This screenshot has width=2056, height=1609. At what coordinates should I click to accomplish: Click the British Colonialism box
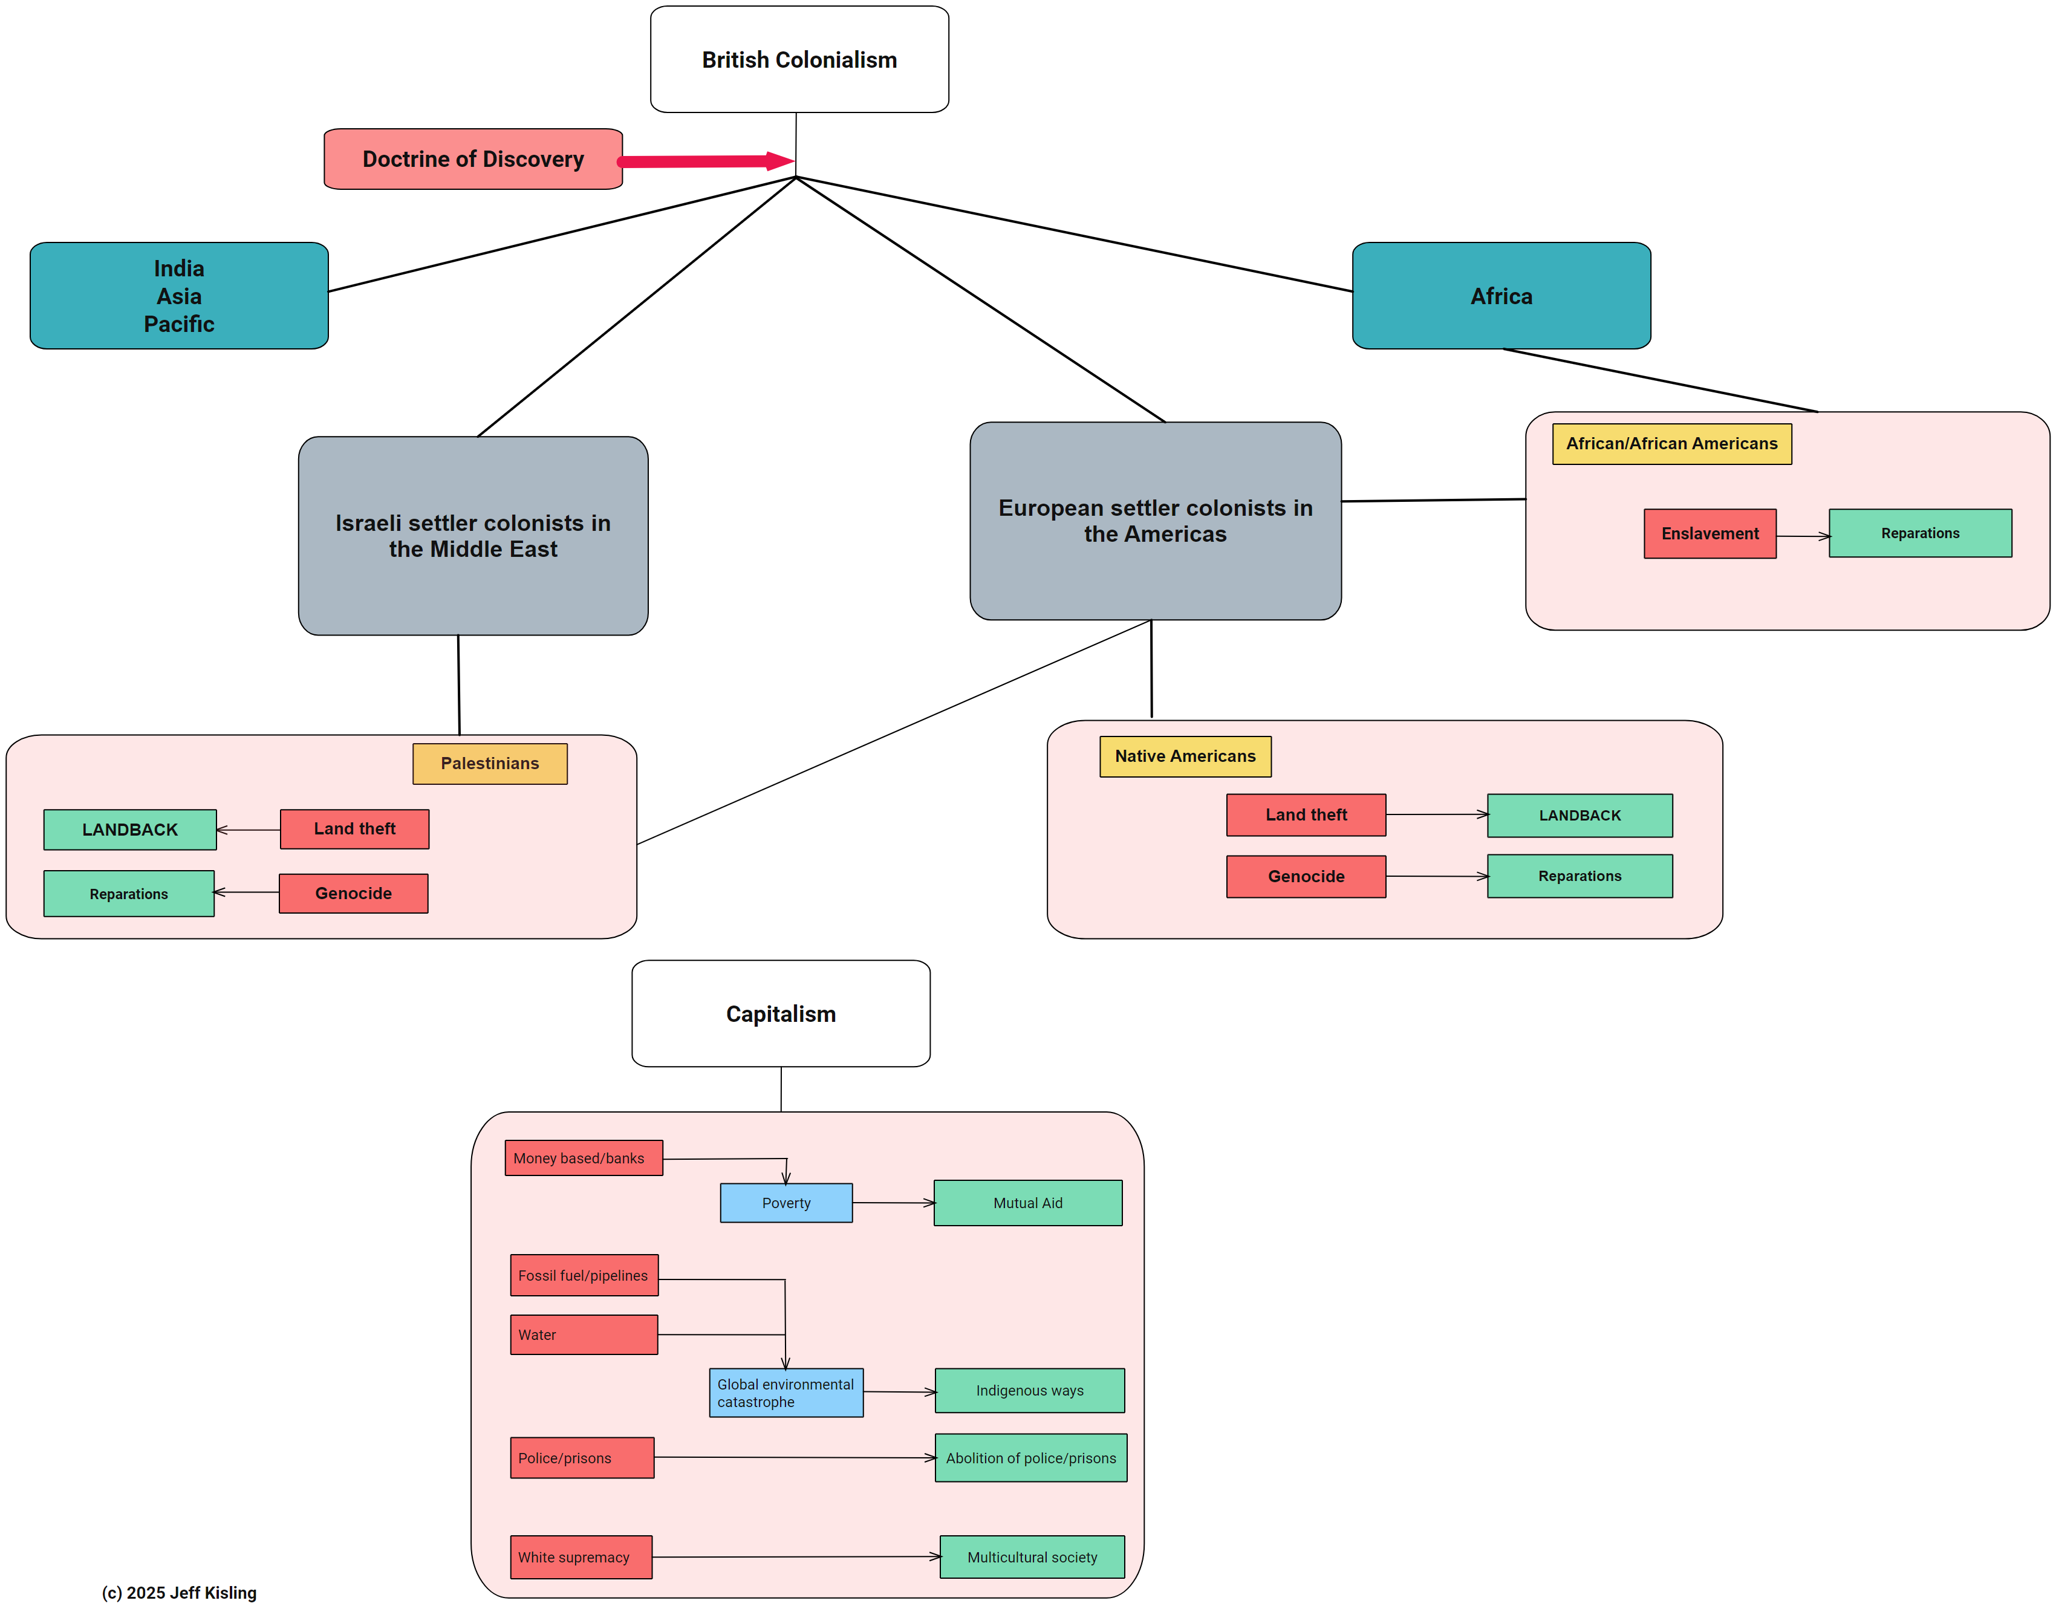tap(799, 59)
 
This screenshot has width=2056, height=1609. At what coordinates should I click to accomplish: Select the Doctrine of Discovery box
tap(473, 159)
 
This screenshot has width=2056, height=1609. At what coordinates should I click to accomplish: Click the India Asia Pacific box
tap(179, 296)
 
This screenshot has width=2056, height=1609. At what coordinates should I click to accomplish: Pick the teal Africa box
tap(1501, 296)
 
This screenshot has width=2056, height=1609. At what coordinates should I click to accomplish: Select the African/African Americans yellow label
tap(1671, 444)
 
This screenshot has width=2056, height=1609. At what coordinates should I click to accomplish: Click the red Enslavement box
tap(1710, 534)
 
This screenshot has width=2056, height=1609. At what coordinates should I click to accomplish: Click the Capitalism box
tap(780, 1013)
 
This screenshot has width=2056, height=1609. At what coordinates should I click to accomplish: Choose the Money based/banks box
tap(584, 1158)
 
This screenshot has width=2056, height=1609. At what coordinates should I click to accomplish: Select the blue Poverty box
tap(786, 1203)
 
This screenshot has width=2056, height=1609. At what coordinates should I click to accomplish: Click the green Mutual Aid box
tap(1027, 1203)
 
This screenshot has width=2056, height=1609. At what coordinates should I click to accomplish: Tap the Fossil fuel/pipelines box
tap(584, 1275)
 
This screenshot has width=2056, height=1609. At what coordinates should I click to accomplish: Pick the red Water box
tap(584, 1335)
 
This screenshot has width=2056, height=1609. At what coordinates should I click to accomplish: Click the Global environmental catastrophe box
tap(786, 1393)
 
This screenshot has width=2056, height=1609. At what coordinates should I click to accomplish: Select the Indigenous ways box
tap(1029, 1391)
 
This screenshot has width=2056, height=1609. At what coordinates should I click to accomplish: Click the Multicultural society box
tap(1032, 1557)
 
